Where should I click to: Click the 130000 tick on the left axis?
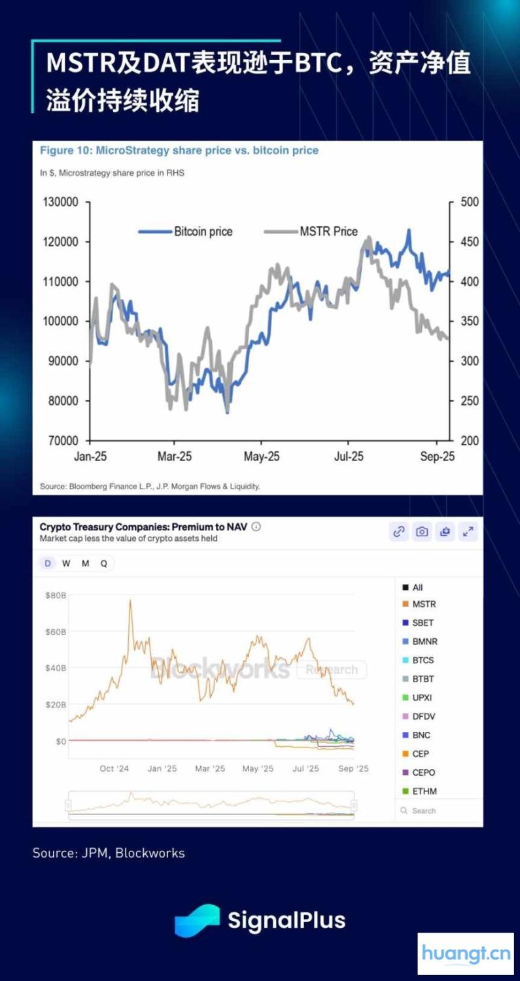(x=60, y=202)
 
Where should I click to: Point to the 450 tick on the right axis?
(x=470, y=242)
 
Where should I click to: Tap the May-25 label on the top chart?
(x=262, y=456)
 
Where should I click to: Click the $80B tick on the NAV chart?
(x=55, y=595)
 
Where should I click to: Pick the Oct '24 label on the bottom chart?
(x=114, y=768)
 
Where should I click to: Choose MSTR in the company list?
(x=424, y=604)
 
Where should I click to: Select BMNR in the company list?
(x=425, y=642)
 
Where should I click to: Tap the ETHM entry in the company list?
(x=425, y=791)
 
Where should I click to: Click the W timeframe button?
(x=66, y=563)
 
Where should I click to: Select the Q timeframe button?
(x=104, y=563)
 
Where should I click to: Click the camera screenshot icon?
(x=422, y=532)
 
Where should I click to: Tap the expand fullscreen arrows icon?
(x=468, y=532)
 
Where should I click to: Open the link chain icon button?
(x=399, y=532)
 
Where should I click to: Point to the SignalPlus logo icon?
(x=197, y=920)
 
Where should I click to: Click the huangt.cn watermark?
(x=466, y=954)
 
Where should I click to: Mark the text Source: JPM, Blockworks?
(x=109, y=853)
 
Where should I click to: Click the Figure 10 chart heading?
(x=179, y=150)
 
